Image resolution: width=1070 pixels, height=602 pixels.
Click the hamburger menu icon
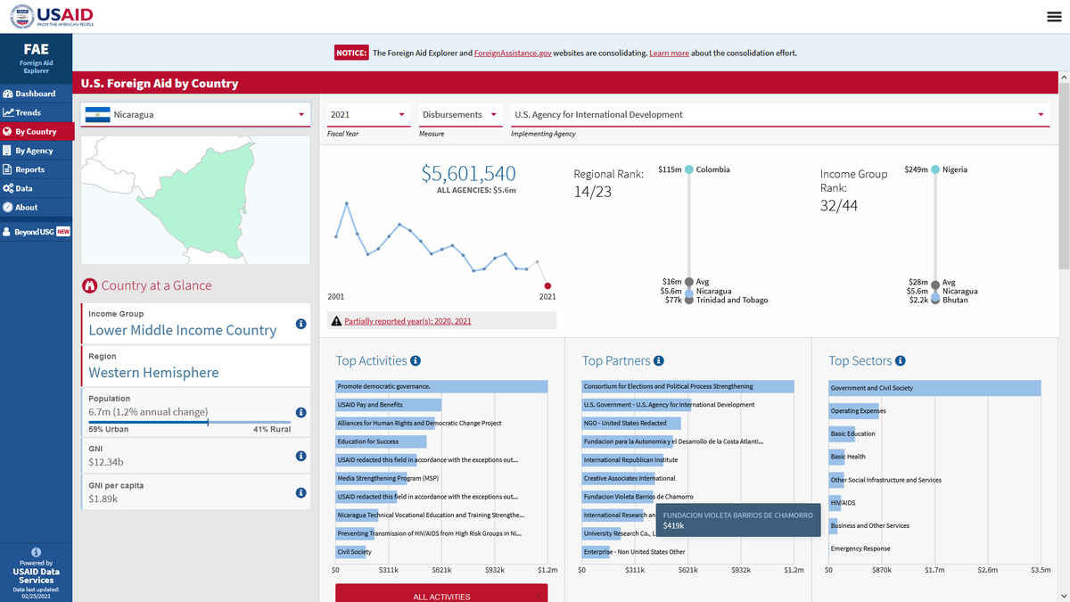click(1054, 17)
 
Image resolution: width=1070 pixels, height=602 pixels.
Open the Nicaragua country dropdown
click(195, 115)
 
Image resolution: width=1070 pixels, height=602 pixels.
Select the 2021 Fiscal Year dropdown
click(368, 115)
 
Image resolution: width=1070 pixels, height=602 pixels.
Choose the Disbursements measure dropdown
click(460, 115)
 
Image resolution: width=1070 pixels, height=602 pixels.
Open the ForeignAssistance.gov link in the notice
click(513, 53)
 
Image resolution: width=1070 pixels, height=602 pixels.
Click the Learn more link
click(669, 53)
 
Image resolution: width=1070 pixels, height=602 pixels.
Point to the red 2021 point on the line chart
click(547, 285)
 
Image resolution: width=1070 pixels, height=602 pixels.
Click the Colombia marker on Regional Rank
click(688, 169)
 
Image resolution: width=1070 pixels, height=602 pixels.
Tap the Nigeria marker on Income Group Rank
click(935, 169)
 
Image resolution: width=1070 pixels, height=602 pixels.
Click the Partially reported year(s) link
click(407, 321)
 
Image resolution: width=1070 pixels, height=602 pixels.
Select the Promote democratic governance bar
click(441, 386)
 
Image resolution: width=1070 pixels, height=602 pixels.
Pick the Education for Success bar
click(381, 441)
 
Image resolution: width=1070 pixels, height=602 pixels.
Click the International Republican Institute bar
click(622, 460)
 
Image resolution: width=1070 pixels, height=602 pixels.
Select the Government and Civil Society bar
click(934, 388)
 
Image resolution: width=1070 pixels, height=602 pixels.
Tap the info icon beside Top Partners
click(659, 360)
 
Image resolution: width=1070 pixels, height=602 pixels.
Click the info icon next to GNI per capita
click(301, 492)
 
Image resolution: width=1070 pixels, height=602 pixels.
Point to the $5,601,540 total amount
click(469, 173)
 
